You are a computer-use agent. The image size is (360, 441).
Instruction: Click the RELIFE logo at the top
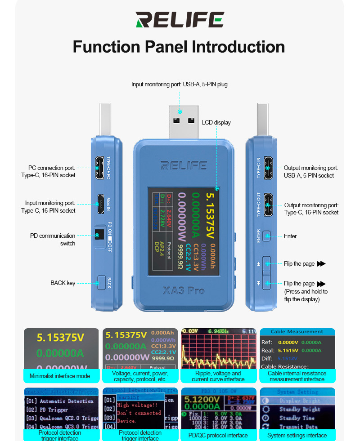(x=180, y=20)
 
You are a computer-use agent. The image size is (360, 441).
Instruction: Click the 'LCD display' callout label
(x=216, y=122)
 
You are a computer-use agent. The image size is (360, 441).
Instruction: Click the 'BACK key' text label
(x=63, y=283)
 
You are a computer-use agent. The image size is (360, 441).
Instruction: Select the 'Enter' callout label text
(x=290, y=236)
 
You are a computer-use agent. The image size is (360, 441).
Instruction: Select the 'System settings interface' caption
(x=297, y=435)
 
